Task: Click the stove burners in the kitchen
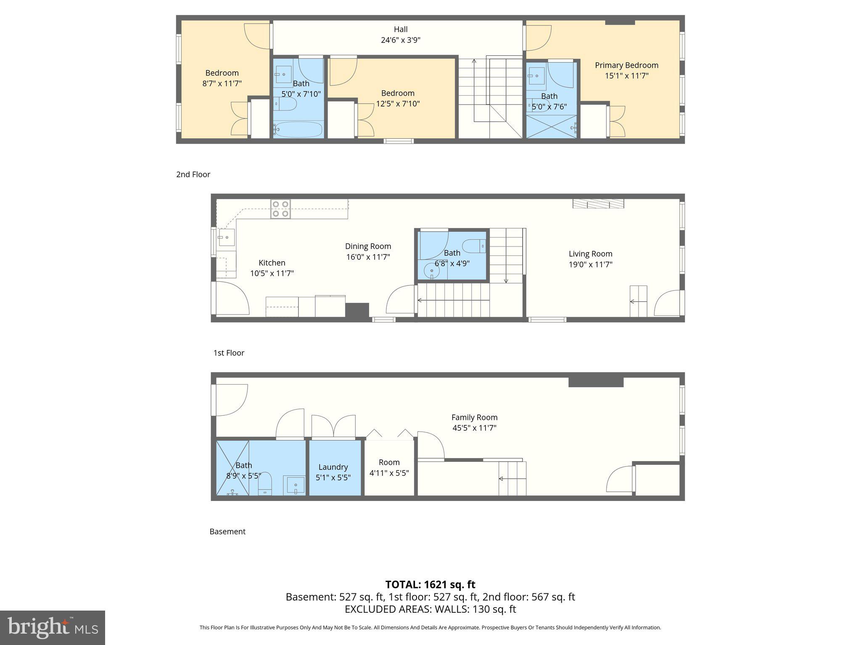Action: pyautogui.click(x=280, y=209)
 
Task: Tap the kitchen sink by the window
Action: pyautogui.click(x=226, y=237)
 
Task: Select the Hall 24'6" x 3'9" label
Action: pyautogui.click(x=400, y=35)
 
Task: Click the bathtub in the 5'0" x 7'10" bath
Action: pyautogui.click(x=298, y=129)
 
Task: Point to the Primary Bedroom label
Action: pyautogui.click(x=626, y=65)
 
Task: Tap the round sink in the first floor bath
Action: pyautogui.click(x=431, y=271)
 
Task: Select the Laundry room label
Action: pyautogui.click(x=333, y=467)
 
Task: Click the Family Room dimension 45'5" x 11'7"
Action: pyautogui.click(x=474, y=428)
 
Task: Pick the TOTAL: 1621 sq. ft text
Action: pyautogui.click(x=430, y=584)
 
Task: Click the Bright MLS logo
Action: pyautogui.click(x=52, y=627)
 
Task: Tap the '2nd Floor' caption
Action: pyautogui.click(x=193, y=174)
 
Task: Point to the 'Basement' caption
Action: pyautogui.click(x=227, y=531)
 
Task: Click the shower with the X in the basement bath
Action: pyautogui.click(x=232, y=468)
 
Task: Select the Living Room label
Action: pyautogui.click(x=590, y=254)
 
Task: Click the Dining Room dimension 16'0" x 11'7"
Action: pyautogui.click(x=368, y=257)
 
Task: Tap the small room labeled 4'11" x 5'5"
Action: pyautogui.click(x=389, y=467)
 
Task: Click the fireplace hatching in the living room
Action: pyautogui.click(x=598, y=204)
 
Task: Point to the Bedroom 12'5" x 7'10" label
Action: pyautogui.click(x=398, y=98)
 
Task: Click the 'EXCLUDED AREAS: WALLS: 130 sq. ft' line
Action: pyautogui.click(x=430, y=609)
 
